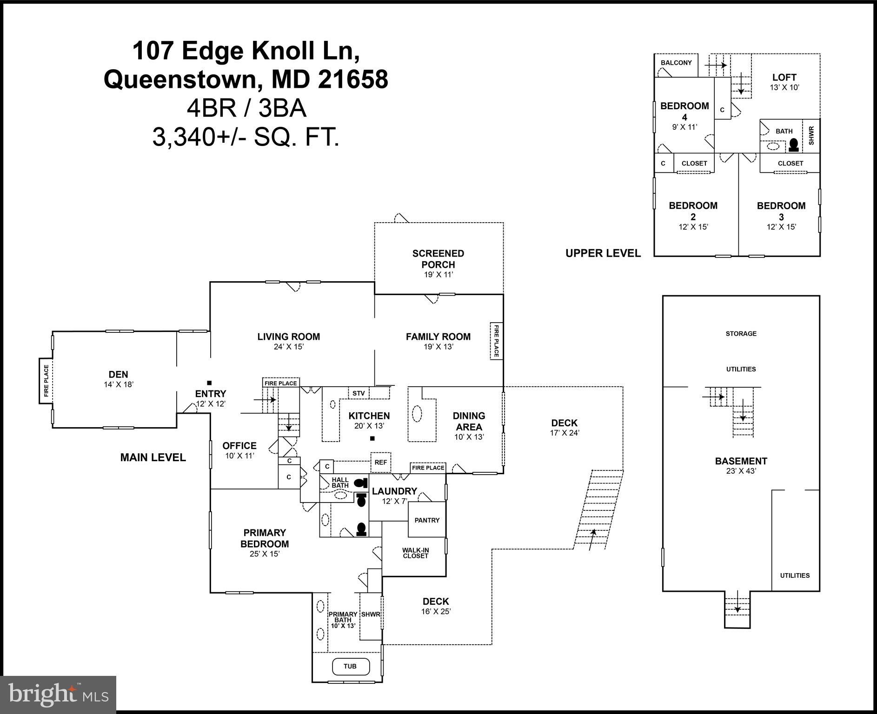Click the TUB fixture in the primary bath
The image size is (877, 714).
350,666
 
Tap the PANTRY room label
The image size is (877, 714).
427,520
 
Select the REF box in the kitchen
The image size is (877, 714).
380,463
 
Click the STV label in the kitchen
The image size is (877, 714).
359,393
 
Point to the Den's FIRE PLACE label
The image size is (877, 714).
46,381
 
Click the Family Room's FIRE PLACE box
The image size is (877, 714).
496,341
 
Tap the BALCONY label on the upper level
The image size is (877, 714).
676,63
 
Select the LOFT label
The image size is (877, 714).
784,78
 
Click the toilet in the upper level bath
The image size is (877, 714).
794,145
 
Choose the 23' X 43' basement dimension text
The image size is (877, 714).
741,471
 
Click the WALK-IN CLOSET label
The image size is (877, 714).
416,553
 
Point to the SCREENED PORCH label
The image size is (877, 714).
438,259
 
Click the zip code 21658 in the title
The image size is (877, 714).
353,79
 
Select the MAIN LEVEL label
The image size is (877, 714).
153,457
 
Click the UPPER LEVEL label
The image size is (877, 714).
603,253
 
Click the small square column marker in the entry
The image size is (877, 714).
209,383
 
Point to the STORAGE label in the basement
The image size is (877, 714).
741,334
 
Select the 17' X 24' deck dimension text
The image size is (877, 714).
564,433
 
